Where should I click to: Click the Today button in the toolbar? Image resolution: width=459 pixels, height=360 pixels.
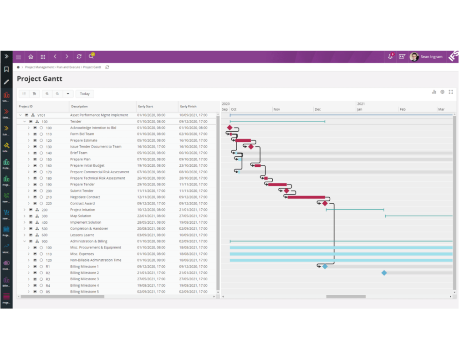[85, 94]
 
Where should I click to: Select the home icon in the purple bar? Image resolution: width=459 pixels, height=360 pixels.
[31, 57]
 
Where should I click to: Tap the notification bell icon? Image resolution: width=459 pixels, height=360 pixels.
[390, 57]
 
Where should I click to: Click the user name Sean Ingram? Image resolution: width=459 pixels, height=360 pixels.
[431, 57]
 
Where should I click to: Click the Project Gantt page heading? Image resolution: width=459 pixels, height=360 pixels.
[39, 79]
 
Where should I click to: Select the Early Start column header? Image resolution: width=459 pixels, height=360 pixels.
[146, 106]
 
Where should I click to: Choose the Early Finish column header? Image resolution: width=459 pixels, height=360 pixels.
[188, 106]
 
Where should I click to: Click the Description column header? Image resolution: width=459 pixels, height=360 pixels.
[79, 106]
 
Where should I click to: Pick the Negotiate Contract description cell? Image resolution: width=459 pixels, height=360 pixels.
[85, 197]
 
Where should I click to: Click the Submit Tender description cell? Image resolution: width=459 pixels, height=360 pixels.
[82, 191]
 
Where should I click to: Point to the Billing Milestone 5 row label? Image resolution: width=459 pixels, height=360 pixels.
[84, 292]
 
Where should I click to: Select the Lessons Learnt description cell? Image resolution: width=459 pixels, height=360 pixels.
[82, 235]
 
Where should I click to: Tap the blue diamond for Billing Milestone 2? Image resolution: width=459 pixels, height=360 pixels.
[384, 273]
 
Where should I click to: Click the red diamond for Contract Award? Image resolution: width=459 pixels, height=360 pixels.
[325, 204]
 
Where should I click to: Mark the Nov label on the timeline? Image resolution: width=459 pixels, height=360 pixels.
[276, 109]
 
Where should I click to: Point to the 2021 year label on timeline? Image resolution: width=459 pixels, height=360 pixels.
[361, 104]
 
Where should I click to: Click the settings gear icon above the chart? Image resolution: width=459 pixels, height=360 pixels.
[442, 92]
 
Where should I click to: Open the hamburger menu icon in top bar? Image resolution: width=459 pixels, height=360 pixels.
[19, 57]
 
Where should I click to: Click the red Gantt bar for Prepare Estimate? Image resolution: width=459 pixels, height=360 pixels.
[243, 141]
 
